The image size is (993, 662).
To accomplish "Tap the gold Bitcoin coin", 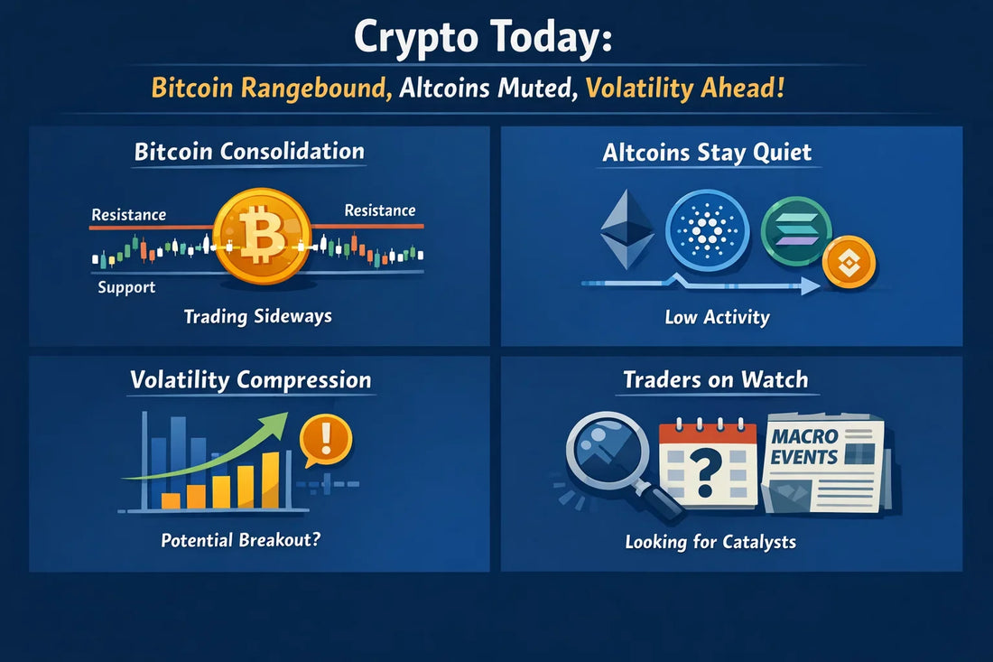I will click(262, 238).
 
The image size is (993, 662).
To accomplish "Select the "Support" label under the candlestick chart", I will click(126, 287).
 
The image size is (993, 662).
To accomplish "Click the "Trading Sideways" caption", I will click(258, 317).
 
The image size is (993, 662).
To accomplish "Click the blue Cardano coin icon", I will click(708, 229).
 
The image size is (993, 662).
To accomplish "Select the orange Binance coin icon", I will click(849, 262).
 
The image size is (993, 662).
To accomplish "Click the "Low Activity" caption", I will click(717, 317).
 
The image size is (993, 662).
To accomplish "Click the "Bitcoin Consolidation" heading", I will click(249, 152).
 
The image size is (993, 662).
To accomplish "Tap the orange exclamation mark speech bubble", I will click(325, 440).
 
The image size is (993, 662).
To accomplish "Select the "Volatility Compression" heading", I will click(250, 379).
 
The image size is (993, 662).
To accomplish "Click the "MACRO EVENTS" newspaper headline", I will click(804, 447).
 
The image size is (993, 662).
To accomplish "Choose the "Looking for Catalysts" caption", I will click(710, 542).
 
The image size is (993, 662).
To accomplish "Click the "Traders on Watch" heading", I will click(716, 379).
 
